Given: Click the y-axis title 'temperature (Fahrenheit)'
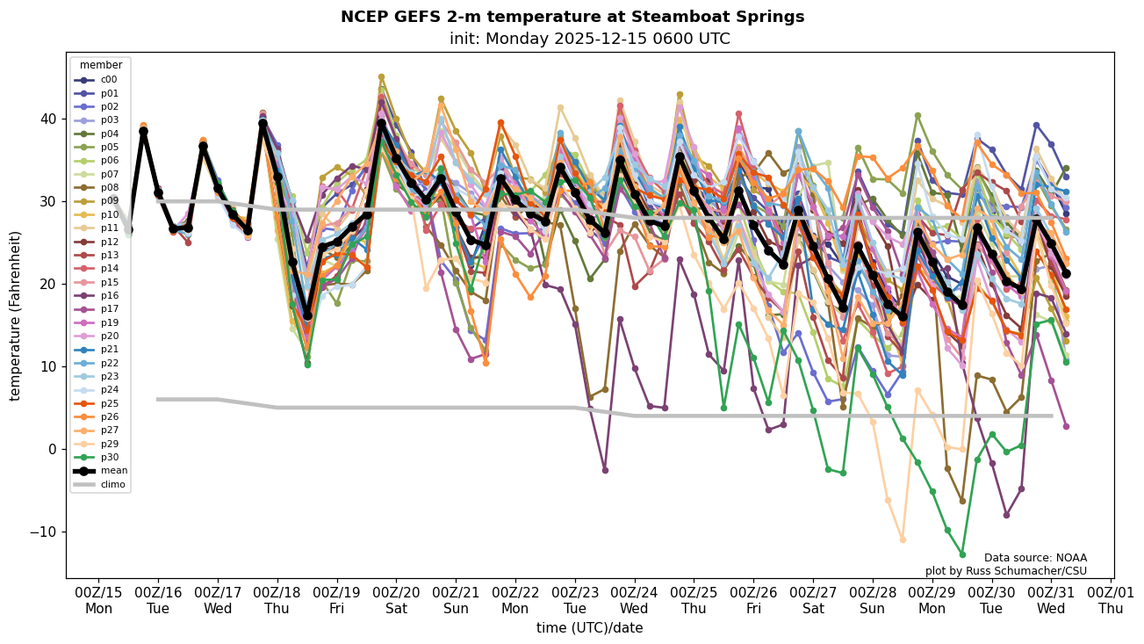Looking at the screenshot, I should click(16, 315).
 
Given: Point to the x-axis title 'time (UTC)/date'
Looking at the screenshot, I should click(589, 628).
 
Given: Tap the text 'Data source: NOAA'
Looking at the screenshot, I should click(1035, 558).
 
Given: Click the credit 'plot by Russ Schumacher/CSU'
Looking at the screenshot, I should click(1005, 571).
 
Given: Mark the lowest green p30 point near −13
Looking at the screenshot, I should click(962, 554).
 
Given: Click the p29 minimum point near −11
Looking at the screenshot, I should click(903, 539).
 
